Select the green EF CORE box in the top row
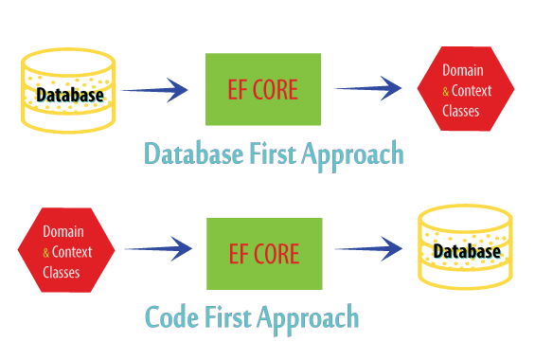coord(263,89)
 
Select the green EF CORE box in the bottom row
coord(264,254)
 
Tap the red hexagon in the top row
coord(466,89)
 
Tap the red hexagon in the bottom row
coord(66,250)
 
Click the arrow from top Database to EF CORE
coord(154,90)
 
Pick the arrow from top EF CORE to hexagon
coord(368,88)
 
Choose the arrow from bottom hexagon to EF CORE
coord(158,249)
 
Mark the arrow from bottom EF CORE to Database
coord(369,249)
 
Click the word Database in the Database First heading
coord(194,153)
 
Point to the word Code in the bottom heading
coord(172,316)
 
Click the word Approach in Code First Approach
coord(308,319)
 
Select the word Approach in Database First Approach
coord(353,156)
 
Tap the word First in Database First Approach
coord(273,153)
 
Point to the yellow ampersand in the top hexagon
coord(446,92)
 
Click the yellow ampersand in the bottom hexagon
coord(46,253)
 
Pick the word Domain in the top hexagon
coord(463,70)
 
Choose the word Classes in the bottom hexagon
coord(62,272)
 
